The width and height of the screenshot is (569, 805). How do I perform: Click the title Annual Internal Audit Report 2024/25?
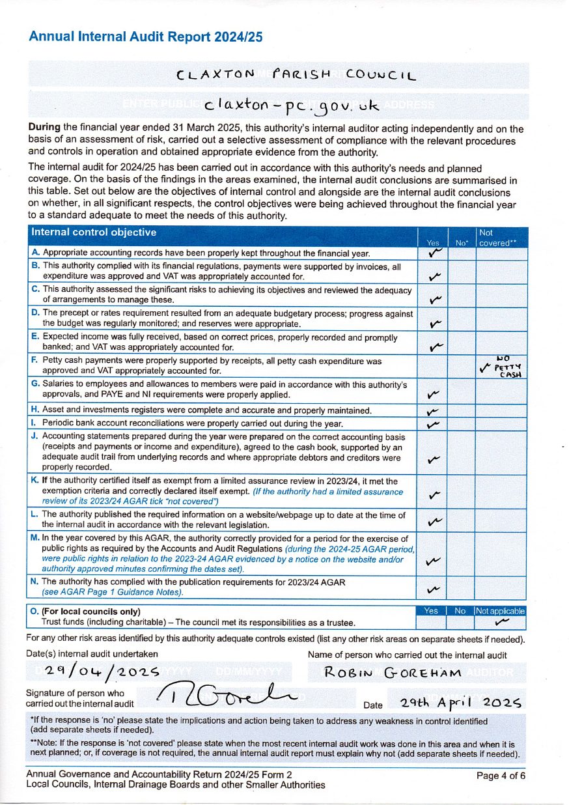click(x=146, y=37)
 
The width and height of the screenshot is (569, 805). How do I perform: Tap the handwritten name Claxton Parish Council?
click(x=296, y=75)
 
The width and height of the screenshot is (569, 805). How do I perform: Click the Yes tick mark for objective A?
click(x=435, y=253)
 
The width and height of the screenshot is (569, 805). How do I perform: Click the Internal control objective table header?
click(x=94, y=233)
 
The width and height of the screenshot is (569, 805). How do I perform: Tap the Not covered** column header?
click(x=498, y=238)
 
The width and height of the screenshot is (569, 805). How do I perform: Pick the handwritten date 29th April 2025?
click(x=462, y=703)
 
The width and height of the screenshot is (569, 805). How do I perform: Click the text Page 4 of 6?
click(x=500, y=775)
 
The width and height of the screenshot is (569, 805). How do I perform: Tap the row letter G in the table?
click(x=35, y=384)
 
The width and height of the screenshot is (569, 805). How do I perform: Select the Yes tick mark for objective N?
click(x=432, y=590)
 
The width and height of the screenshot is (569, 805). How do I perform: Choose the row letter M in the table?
click(x=35, y=538)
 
